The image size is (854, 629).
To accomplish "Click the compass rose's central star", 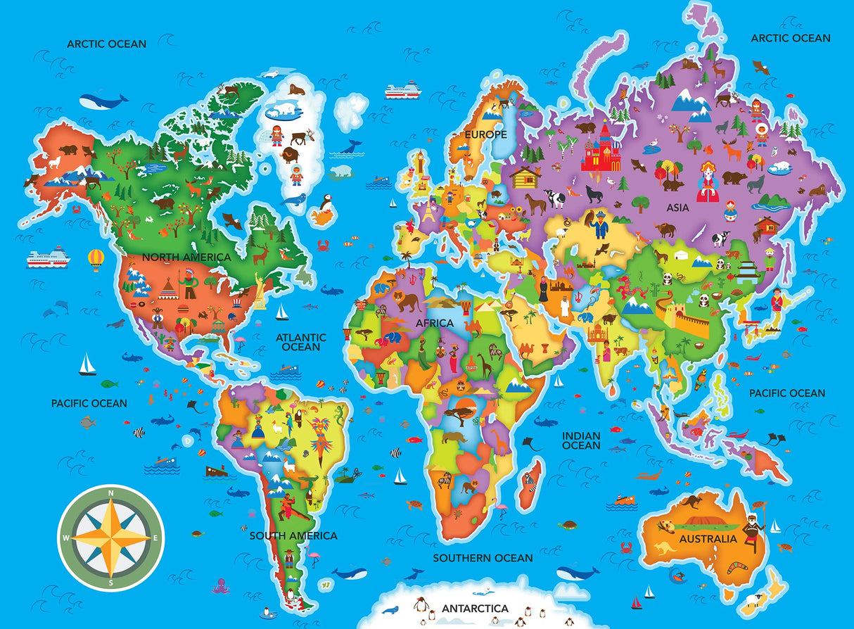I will tap(111, 538).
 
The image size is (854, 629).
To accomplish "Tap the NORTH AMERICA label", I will tap(186, 258).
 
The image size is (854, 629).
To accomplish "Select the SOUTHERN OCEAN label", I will tap(483, 558).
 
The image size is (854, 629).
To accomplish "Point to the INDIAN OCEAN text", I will tap(581, 440).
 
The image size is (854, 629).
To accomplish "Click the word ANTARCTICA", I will tap(475, 608).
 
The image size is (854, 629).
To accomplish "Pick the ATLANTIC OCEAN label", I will tap(301, 342).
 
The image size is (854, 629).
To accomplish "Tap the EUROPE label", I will tap(485, 134).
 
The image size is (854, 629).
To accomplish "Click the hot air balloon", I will tap(95, 259).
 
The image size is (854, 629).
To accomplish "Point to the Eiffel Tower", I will tap(428, 210).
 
